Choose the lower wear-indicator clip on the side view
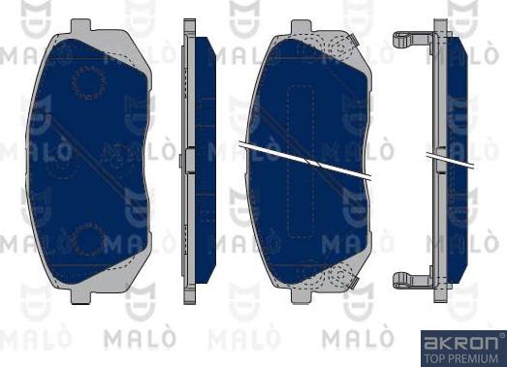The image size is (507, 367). [x=411, y=281]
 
